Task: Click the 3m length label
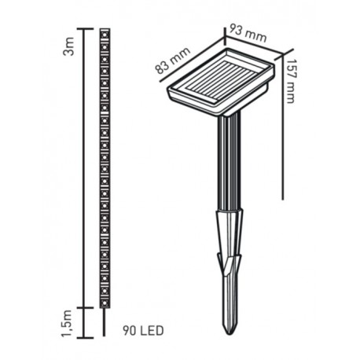point(69,46)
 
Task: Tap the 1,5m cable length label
point(68,324)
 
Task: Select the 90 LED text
point(143,331)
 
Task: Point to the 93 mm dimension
point(248,33)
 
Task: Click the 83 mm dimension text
point(173,61)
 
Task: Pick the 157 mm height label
point(291,81)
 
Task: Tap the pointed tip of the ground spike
point(230,333)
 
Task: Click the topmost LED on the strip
point(105,35)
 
